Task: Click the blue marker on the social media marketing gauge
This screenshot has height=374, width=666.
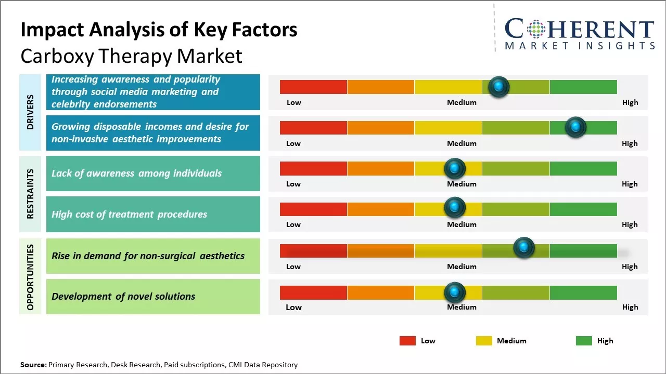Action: click(x=499, y=87)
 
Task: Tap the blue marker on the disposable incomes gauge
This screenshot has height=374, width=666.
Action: click(x=575, y=127)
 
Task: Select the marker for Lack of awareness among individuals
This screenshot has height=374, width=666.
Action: click(x=454, y=168)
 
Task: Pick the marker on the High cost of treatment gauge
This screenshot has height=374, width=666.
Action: click(x=454, y=208)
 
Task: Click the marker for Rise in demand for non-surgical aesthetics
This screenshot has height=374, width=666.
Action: click(x=524, y=248)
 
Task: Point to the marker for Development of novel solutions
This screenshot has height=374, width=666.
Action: click(x=454, y=293)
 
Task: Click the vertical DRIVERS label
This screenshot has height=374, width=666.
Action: click(x=30, y=112)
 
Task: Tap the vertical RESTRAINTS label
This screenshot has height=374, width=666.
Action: click(x=30, y=194)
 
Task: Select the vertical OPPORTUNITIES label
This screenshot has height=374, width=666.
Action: click(x=30, y=277)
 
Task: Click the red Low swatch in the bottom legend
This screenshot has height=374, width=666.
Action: click(x=407, y=341)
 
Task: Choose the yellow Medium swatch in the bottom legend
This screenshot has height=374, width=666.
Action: click(x=484, y=341)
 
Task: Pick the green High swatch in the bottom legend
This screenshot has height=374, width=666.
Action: click(x=584, y=341)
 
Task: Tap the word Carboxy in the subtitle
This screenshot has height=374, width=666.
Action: click(x=55, y=56)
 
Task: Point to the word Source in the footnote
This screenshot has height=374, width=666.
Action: click(x=33, y=365)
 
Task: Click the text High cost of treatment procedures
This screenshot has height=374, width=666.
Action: click(x=129, y=214)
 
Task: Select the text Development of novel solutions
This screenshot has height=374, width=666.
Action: click(x=123, y=297)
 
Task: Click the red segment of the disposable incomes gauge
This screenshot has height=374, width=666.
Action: click(x=313, y=128)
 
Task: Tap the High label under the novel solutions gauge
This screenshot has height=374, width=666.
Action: click(x=630, y=307)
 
